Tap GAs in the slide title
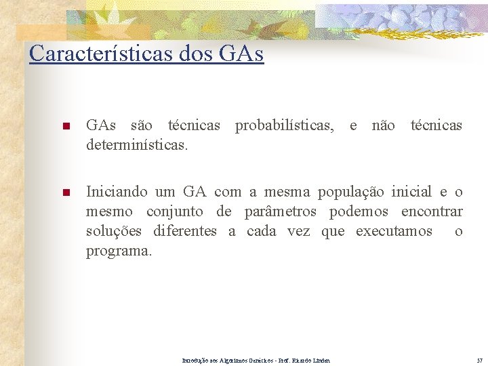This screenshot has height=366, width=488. (241, 52)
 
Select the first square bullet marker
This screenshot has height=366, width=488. (66, 127)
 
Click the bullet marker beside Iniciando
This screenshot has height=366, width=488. (66, 193)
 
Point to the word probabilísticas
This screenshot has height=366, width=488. (284, 125)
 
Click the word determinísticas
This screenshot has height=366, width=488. (137, 145)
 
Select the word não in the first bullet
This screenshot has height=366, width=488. (384, 125)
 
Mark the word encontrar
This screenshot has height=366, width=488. (432, 211)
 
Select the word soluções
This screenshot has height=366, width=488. (114, 231)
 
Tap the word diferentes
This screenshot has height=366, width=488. (185, 231)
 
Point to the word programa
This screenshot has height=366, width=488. (117, 251)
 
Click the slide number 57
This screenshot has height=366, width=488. (479, 360)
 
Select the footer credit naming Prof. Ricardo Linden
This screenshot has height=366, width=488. (256, 360)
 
